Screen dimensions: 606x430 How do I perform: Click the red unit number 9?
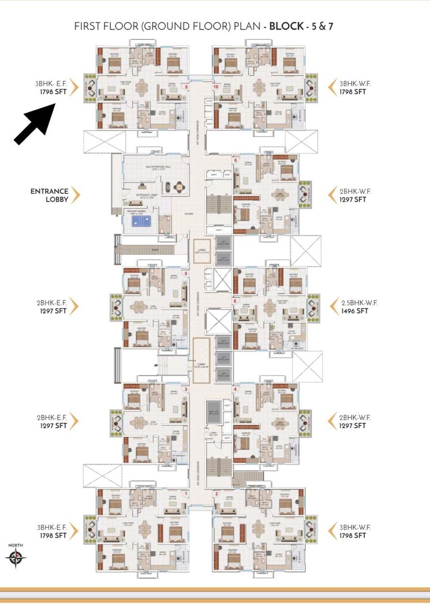pyautogui.click(x=186, y=87)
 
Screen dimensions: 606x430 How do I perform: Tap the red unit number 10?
pyautogui.click(x=215, y=87)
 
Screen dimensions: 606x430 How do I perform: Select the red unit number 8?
pyautogui.click(x=235, y=159)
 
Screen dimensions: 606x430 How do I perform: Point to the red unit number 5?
pyautogui.click(x=186, y=274)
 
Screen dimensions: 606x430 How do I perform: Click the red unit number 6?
pyautogui.click(x=235, y=301)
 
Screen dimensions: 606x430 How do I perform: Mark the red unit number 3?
pyautogui.click(x=186, y=390)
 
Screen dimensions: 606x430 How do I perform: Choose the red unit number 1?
pyautogui.click(x=186, y=493)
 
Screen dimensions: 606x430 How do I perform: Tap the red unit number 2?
pyautogui.click(x=216, y=493)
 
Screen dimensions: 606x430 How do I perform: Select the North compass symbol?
pyautogui.click(x=16, y=557)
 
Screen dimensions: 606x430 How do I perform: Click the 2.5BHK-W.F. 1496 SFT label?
pyautogui.click(x=354, y=306)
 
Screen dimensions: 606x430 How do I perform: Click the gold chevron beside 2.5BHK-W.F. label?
pyautogui.click(x=332, y=306)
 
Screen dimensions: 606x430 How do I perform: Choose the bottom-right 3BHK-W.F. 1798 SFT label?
pyautogui.click(x=354, y=532)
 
